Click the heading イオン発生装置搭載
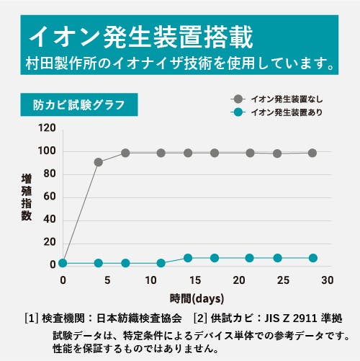tap(140, 35)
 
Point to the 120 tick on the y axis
tap(48, 128)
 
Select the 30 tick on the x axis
tap(328, 280)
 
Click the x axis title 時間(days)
tap(197, 298)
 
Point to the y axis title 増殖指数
tap(27, 196)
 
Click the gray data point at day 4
tap(99, 162)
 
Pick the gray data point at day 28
tap(312, 153)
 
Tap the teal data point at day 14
tap(187, 258)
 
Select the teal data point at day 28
tap(312, 258)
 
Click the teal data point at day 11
tap(161, 263)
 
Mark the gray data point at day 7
tap(125, 153)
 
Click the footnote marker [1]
tap(31, 318)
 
